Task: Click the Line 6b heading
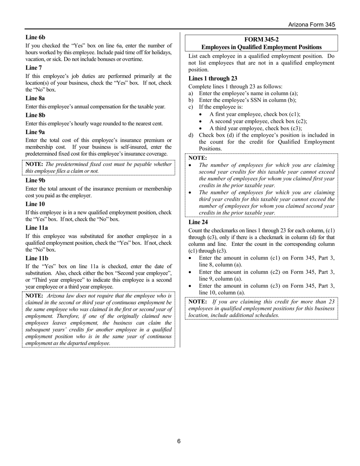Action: click(35, 37)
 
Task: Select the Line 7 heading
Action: click(34, 68)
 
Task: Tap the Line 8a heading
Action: click(35, 98)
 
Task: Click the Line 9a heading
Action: click(35, 132)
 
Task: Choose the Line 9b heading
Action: click(35, 180)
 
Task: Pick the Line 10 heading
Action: click(35, 204)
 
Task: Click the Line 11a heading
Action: click(37, 228)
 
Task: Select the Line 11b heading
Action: click(37, 258)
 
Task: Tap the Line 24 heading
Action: click(198, 222)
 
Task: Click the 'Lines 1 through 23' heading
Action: click(213, 78)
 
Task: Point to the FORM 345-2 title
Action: click(261, 39)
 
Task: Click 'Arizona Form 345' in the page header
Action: click(311, 25)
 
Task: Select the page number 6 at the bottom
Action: click(179, 441)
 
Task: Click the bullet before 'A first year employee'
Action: click(200, 114)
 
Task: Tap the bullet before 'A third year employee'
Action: click(200, 128)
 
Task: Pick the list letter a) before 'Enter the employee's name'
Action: click(191, 93)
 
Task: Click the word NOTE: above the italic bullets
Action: click(198, 158)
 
